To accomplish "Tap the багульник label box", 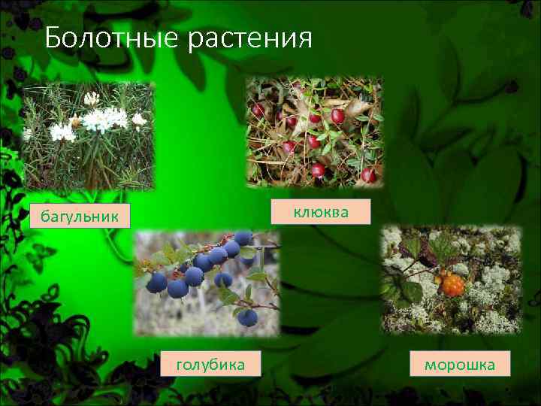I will (80, 217).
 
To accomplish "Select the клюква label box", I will (321, 212).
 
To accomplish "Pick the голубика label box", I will (211, 364).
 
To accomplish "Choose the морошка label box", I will (460, 365).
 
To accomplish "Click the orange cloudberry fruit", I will (453, 285).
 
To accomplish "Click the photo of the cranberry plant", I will (314, 131).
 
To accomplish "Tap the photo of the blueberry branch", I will (206, 281).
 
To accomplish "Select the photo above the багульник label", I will (87, 135).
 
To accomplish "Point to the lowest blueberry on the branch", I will (247, 317).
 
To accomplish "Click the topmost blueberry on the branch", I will (243, 238).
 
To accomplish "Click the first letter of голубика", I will (180, 365).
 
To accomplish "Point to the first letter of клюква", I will (298, 213).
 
